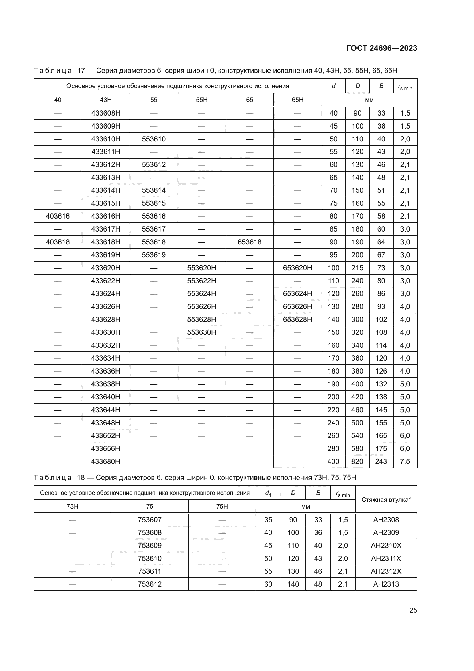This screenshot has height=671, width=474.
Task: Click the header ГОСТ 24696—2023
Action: click(381, 48)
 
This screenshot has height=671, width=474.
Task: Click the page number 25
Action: click(413, 610)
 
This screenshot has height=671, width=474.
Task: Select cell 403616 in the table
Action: click(58, 216)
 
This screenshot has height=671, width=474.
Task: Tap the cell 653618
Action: click(250, 242)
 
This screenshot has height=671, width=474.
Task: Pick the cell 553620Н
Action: click(202, 268)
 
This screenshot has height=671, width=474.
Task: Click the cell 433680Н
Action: click(106, 462)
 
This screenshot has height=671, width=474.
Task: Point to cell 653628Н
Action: click(297, 319)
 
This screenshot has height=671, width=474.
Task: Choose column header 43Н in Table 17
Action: click(106, 100)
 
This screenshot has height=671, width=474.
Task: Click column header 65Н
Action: click(297, 100)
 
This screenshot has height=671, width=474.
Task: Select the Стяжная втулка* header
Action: click(386, 499)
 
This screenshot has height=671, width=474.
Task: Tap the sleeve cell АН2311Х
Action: click(386, 559)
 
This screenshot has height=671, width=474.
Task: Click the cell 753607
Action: click(149, 520)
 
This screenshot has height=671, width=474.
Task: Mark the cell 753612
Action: click(149, 584)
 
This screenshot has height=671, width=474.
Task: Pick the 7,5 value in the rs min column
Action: click(405, 462)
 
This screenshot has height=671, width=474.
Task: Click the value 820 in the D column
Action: click(357, 462)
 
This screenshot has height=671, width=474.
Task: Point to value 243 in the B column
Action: click(381, 462)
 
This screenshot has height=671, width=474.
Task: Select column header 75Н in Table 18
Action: click(222, 506)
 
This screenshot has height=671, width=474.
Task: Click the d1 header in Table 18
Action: click(268, 493)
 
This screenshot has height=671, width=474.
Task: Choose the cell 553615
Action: click(154, 203)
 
